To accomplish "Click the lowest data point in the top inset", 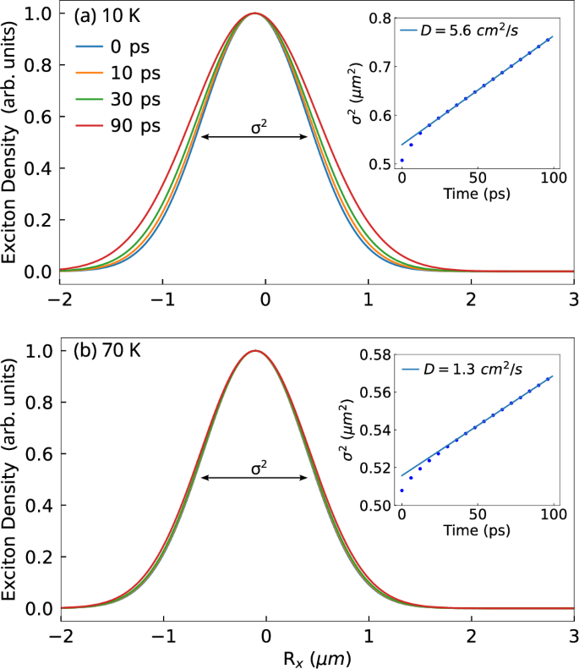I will click(402, 160).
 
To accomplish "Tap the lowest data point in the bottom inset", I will click(402, 491).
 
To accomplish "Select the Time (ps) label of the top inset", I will click(478, 193).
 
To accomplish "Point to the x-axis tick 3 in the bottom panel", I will click(573, 633).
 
